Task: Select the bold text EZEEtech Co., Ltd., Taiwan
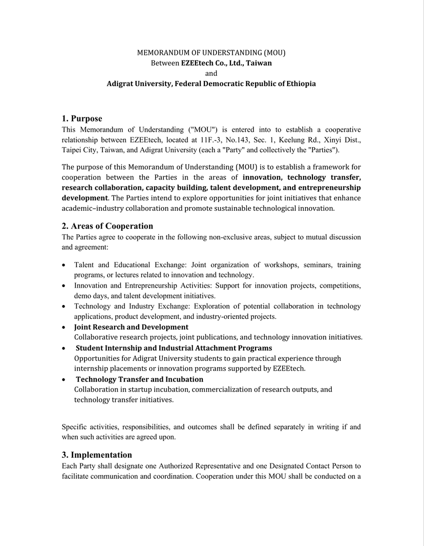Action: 226,63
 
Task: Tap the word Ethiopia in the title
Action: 301,84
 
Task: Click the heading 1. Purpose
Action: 82,119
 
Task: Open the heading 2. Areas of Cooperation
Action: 108,226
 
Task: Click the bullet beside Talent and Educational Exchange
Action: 63,266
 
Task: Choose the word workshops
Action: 281,265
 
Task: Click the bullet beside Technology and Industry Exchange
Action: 63,307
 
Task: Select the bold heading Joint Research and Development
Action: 131,327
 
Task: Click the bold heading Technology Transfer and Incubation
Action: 140,379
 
